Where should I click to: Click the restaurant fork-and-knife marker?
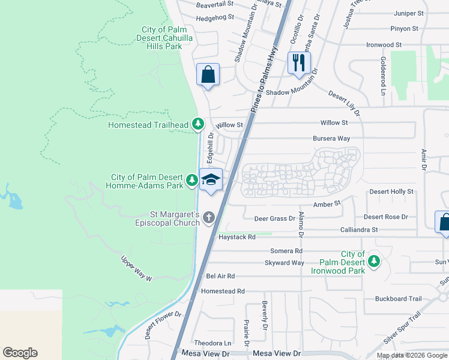(x=298, y=62)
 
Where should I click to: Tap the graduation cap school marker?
(x=211, y=179)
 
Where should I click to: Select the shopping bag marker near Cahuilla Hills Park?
(x=208, y=75)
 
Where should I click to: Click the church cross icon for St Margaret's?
(x=209, y=217)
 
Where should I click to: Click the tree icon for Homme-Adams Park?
(x=191, y=179)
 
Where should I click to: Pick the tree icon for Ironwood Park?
(x=374, y=261)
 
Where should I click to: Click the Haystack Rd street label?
(x=237, y=237)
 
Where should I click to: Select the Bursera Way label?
(x=331, y=138)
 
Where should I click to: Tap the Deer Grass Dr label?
(x=275, y=218)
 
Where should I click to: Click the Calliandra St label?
(x=358, y=229)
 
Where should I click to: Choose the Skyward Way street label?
(x=285, y=263)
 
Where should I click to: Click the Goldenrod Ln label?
(x=382, y=76)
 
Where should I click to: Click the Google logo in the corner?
(x=20, y=353)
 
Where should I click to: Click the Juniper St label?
(x=409, y=13)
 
